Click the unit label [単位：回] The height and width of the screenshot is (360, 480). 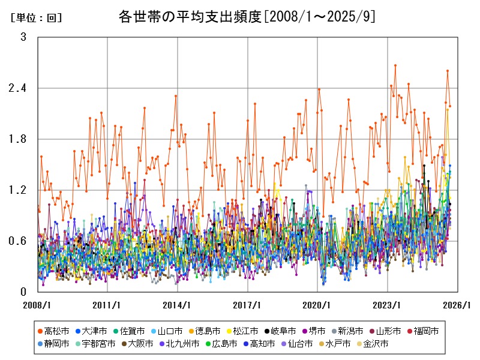point(37,18)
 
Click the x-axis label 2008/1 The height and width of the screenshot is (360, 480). point(37,305)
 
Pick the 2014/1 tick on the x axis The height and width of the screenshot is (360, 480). point(178,305)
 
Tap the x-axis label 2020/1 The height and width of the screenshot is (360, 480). point(318,305)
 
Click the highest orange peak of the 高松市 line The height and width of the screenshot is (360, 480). point(395,65)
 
